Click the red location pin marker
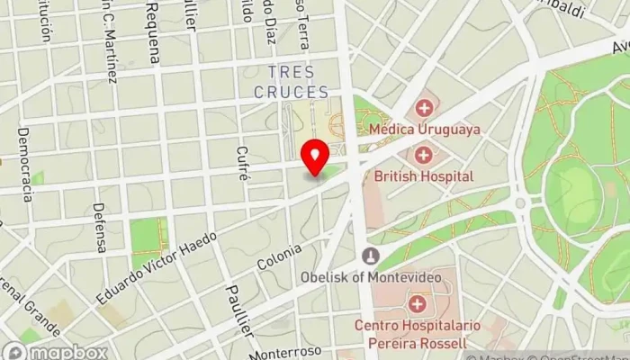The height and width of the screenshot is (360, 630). click(x=315, y=157)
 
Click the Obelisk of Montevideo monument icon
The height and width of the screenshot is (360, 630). click(x=369, y=256)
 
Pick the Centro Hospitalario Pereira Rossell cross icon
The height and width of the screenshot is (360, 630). click(x=417, y=304)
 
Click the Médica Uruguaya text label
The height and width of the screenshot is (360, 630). click(x=425, y=129)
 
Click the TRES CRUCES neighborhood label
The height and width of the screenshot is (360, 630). click(x=291, y=82)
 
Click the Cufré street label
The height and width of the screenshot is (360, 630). click(x=241, y=163)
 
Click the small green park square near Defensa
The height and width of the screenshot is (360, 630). click(x=148, y=241)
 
